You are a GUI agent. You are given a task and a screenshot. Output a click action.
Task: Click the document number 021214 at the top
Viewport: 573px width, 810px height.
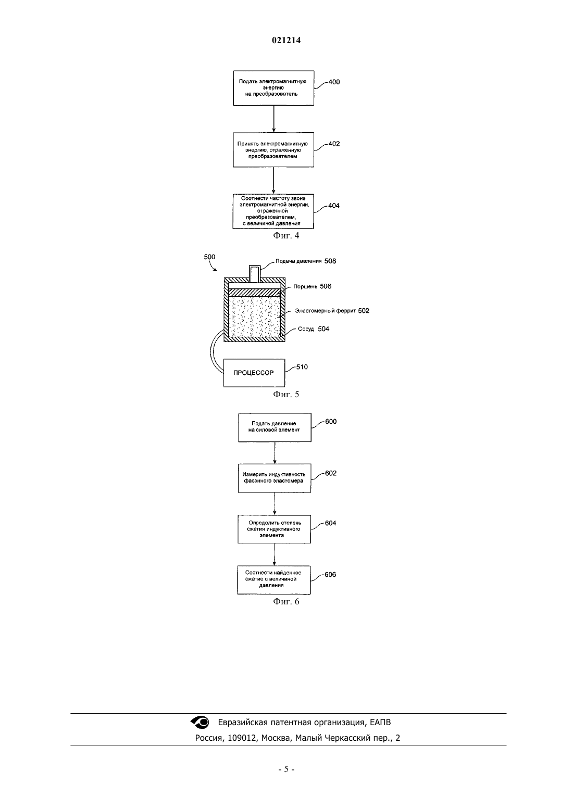[286, 40]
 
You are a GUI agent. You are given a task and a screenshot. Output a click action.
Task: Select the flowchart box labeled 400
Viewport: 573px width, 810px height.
[273, 88]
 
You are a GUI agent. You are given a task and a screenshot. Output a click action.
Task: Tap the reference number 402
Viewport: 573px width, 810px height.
[334, 144]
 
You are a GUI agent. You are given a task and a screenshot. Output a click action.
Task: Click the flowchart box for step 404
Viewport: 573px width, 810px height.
[273, 211]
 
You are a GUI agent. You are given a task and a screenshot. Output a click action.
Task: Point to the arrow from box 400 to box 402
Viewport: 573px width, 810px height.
[273, 119]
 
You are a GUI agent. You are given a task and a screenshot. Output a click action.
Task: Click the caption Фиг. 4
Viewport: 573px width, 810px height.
[286, 236]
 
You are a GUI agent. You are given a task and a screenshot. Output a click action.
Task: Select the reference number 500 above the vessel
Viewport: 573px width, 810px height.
[209, 257]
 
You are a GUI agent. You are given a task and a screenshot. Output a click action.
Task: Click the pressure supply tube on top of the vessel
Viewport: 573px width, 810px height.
[255, 274]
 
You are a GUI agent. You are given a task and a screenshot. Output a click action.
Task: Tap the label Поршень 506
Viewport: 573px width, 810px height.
[312, 286]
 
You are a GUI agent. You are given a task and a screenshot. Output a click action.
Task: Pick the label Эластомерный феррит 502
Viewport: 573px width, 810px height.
[332, 311]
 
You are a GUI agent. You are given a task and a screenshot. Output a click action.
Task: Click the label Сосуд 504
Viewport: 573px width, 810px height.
[313, 329]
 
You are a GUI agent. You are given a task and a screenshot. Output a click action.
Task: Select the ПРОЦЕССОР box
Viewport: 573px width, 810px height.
[254, 373]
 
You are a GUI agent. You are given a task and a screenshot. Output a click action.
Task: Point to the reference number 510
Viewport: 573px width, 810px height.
[302, 367]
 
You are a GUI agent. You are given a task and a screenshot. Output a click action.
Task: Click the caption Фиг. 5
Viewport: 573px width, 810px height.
[286, 394]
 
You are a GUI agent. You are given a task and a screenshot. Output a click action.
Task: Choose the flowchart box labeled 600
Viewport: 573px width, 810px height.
[275, 427]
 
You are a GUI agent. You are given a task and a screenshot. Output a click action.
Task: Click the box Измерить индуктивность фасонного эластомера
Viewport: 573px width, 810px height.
[274, 478]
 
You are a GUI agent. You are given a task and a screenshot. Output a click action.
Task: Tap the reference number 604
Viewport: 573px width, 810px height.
[330, 523]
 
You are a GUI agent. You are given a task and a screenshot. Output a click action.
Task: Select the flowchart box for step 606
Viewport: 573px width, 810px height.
[274, 580]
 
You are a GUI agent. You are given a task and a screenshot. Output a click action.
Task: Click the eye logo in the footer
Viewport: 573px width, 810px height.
[200, 722]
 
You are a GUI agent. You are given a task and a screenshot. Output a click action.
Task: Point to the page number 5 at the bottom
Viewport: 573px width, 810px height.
[286, 769]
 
